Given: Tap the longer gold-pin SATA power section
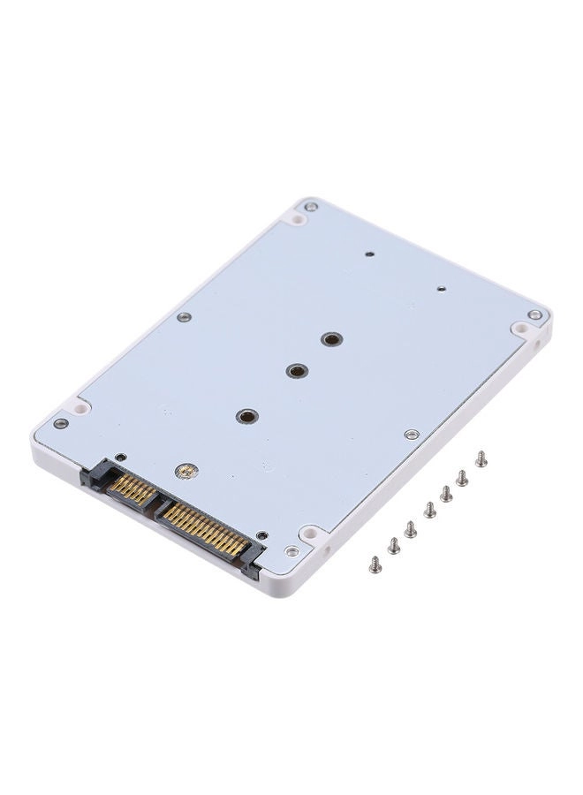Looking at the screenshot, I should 201,528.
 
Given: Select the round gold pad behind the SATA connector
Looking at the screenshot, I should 185,472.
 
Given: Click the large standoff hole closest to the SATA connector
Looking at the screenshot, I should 247,415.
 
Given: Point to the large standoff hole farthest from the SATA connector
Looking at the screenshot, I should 331,338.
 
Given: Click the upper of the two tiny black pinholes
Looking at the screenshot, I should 369,253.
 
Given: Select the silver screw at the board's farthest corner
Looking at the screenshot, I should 311,207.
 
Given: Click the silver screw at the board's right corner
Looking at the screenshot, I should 534,314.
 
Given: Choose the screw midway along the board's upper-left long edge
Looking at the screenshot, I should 183,316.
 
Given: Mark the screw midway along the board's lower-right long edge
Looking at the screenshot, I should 411,434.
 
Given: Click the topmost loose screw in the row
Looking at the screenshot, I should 481,458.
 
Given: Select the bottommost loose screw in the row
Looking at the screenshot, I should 375,563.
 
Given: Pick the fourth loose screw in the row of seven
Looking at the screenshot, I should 429,510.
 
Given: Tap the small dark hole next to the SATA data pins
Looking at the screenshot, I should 121,457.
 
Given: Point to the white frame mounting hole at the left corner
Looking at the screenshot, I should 80,409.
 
